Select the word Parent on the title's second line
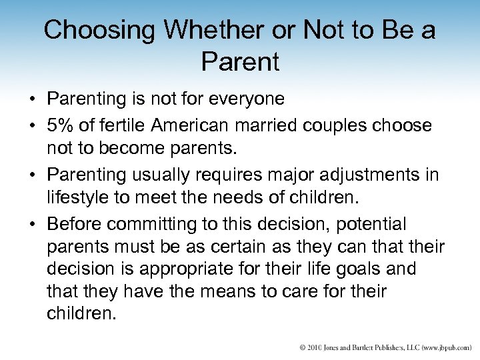point(239,63)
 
